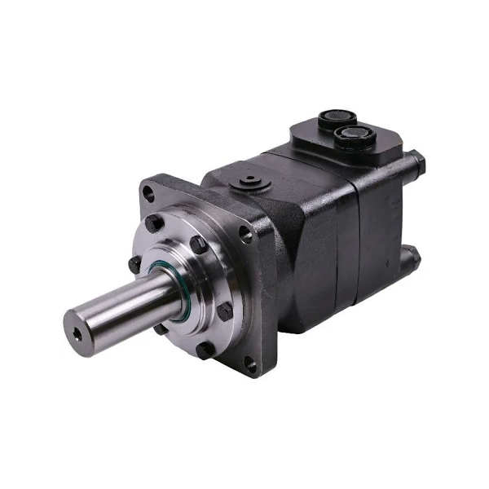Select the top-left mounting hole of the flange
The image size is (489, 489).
[x=148, y=194]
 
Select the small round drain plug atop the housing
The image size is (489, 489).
[x=245, y=179]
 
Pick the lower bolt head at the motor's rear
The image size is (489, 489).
[x=413, y=257]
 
